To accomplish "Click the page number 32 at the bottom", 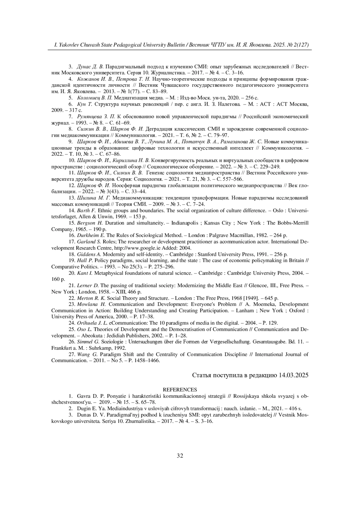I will [180, 456].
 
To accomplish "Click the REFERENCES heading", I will [180, 390].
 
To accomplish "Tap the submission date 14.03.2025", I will [294, 375].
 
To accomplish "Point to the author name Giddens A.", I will [89, 254].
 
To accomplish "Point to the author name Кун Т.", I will [85, 104].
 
